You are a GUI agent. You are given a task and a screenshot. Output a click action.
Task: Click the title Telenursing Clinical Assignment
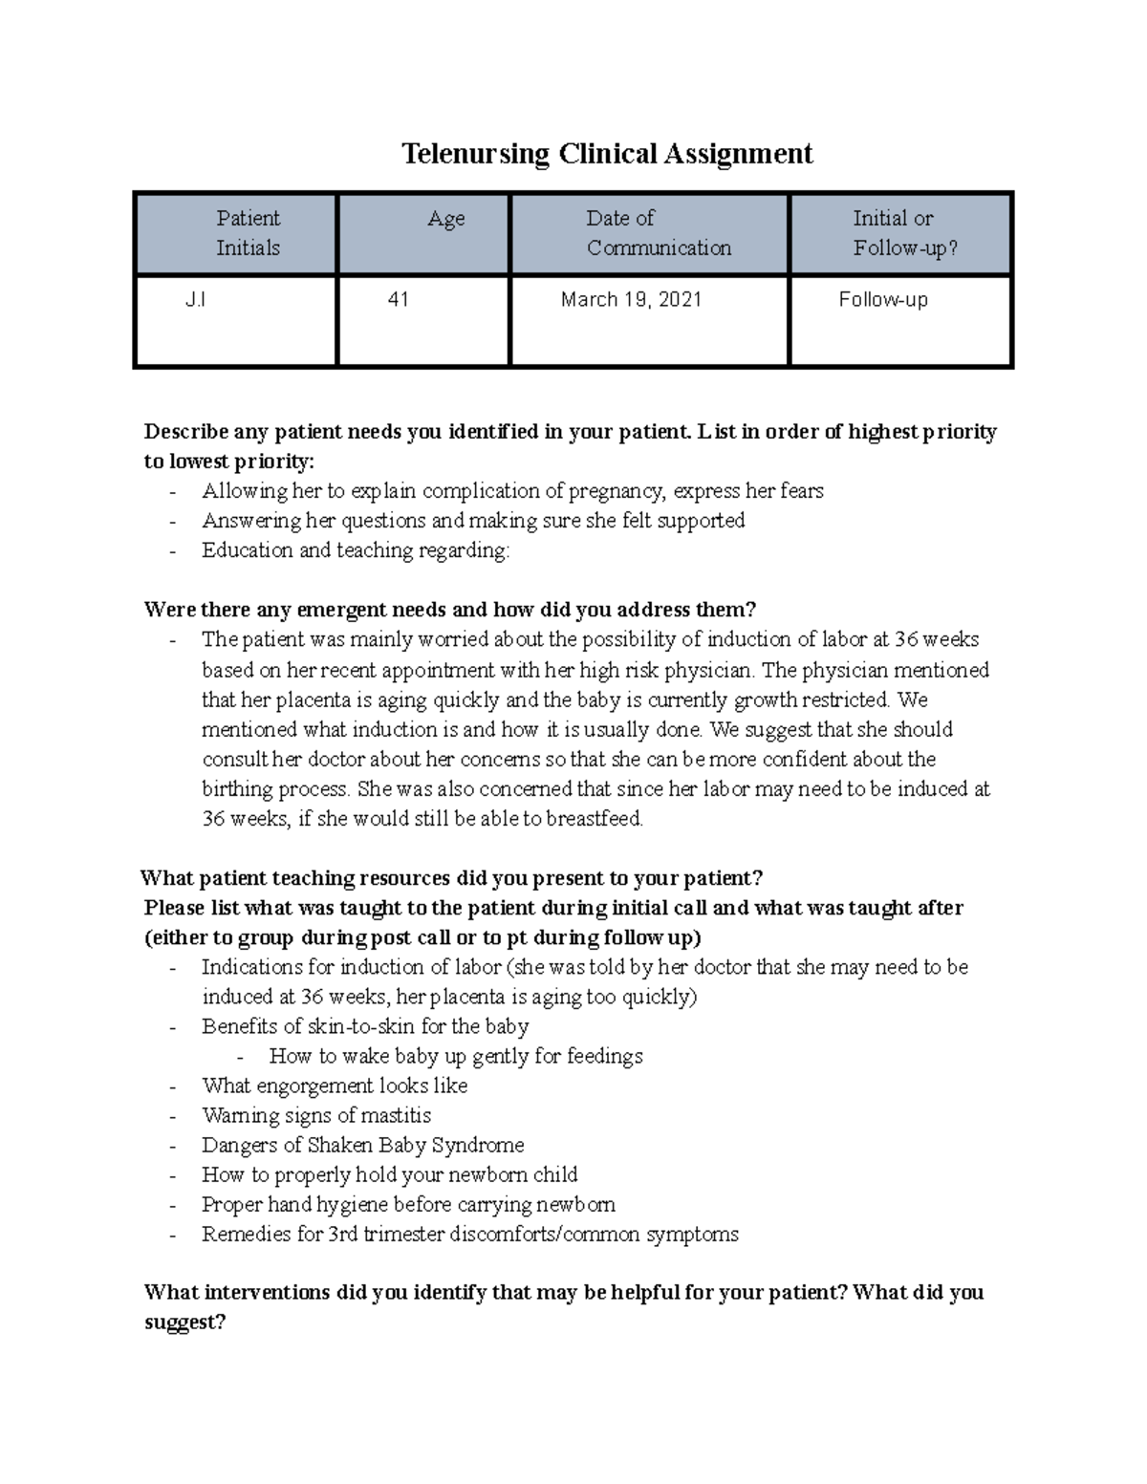click(x=607, y=154)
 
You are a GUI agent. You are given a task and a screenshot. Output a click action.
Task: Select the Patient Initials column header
click(x=248, y=233)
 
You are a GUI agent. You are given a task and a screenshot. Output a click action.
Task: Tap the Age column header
click(x=445, y=219)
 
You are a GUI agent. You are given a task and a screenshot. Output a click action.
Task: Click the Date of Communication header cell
click(x=658, y=233)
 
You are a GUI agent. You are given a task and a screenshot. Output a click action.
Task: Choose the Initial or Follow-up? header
click(x=904, y=233)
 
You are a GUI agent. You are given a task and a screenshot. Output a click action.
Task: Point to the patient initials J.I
click(x=195, y=300)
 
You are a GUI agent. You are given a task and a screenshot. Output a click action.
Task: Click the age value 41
click(x=398, y=300)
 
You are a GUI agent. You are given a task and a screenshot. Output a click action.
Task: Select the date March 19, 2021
click(x=631, y=300)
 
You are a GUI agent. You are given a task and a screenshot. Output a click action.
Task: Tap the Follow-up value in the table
click(x=882, y=300)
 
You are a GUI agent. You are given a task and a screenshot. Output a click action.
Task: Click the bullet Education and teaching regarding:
click(x=356, y=550)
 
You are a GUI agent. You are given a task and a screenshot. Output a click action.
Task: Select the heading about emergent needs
click(x=449, y=610)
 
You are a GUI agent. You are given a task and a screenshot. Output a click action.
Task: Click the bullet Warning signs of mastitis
click(x=316, y=1115)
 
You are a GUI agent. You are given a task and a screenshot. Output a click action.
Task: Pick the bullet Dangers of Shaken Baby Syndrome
click(x=362, y=1145)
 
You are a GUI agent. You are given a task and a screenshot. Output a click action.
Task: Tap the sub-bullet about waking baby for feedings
click(x=456, y=1056)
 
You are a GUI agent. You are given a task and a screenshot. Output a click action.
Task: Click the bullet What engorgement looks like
click(x=335, y=1086)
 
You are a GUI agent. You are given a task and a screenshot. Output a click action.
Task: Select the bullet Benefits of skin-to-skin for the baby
click(x=365, y=1026)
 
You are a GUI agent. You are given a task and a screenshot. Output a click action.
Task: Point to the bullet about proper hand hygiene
click(x=408, y=1204)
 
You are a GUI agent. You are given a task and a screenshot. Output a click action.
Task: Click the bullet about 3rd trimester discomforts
click(x=470, y=1234)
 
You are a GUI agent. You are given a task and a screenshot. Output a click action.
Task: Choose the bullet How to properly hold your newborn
click(x=390, y=1174)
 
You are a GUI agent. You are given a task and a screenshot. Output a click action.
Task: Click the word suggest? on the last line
click(x=184, y=1323)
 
